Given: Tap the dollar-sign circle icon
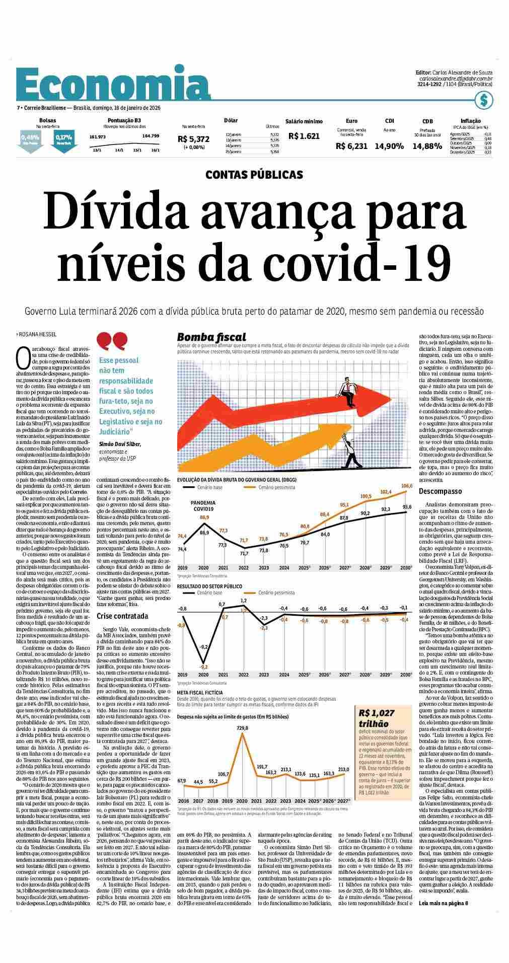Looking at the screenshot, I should coord(484,100).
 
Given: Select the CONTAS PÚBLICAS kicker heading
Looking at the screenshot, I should coord(254,175).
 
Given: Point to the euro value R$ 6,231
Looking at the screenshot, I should coord(351,146).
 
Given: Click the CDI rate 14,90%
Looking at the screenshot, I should coord(389,146).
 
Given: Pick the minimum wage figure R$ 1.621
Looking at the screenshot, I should coord(304,136).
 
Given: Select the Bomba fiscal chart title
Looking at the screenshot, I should coord(211,337).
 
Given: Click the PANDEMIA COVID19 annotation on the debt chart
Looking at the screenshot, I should coord(203,506).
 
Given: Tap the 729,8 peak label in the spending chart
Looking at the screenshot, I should coord(242,728).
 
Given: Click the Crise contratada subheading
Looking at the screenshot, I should coord(122,616).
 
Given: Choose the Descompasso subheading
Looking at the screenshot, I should coord(440,491).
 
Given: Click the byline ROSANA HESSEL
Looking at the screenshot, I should coord(38,334).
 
